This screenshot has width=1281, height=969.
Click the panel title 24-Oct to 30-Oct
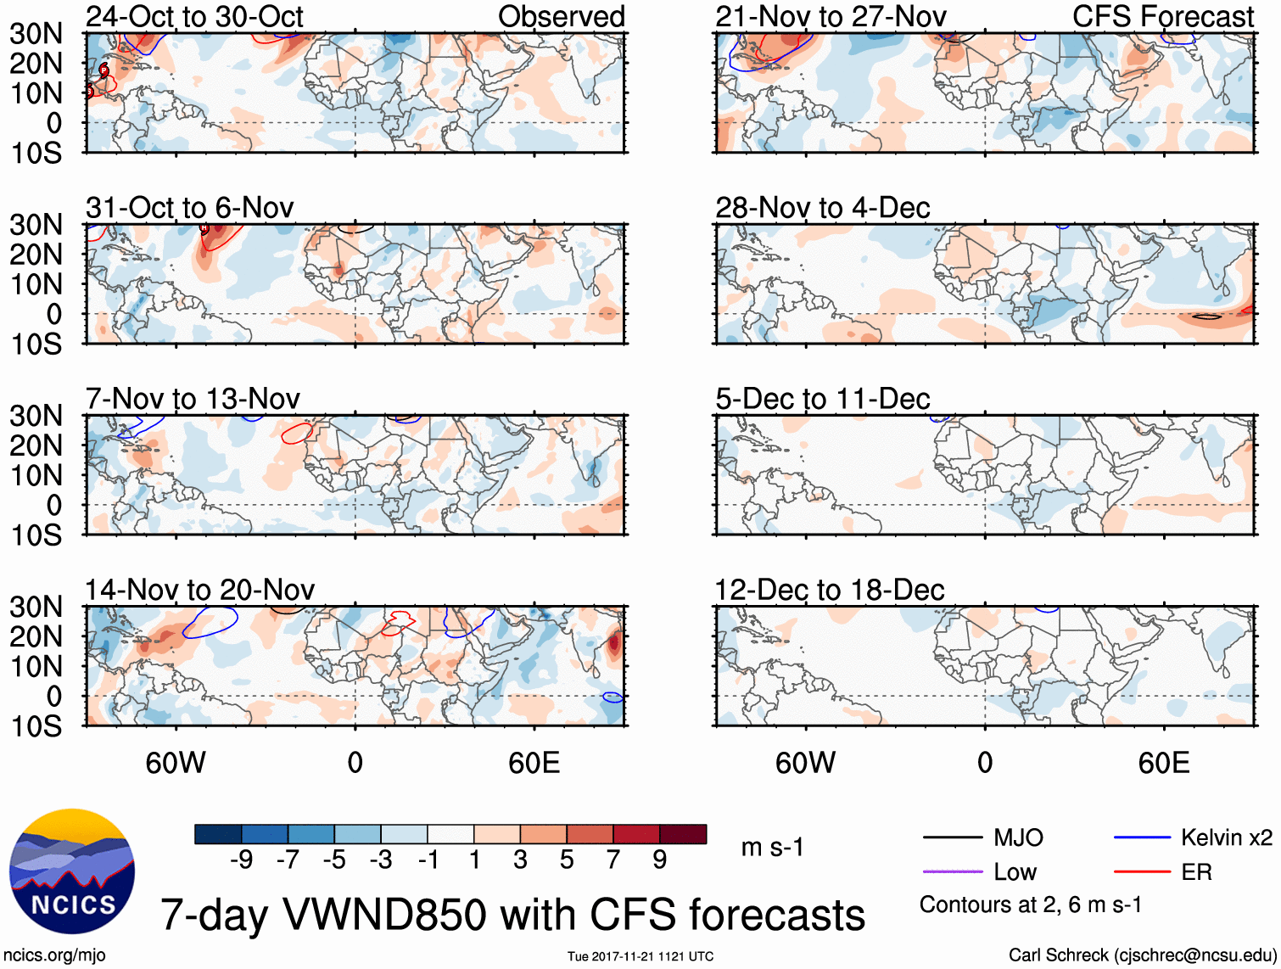click(x=194, y=16)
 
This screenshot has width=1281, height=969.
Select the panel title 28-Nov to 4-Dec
click(x=822, y=207)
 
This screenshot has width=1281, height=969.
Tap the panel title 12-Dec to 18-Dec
click(x=829, y=590)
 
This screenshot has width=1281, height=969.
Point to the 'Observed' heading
click(x=561, y=16)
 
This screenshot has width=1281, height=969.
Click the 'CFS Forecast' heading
click(x=1162, y=16)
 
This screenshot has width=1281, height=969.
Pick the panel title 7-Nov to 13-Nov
click(x=193, y=398)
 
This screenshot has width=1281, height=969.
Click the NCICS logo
click(x=72, y=871)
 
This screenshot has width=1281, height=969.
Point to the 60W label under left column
click(x=176, y=763)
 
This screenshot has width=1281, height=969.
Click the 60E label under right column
click(x=1163, y=763)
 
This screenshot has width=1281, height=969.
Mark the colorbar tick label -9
click(x=242, y=860)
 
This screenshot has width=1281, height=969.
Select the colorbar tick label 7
click(x=613, y=860)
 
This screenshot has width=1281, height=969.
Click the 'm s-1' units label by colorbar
click(x=772, y=847)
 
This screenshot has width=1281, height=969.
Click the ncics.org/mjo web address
click(x=54, y=955)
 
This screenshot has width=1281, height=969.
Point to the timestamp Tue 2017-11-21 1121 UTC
click(x=640, y=956)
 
